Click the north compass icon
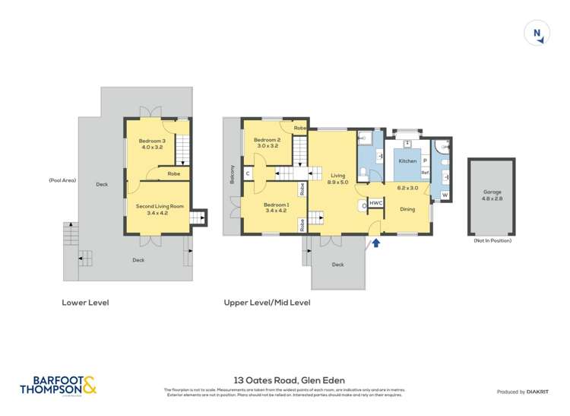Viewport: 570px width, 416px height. [537, 33]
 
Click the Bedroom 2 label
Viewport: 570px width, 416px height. [268, 143]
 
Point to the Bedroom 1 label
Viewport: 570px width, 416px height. [275, 208]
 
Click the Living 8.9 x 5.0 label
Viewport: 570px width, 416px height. [337, 179]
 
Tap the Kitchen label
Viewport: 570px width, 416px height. [408, 161]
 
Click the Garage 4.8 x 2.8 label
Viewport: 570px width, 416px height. [490, 195]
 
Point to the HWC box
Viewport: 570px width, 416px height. [375, 204]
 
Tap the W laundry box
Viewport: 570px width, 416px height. [444, 195]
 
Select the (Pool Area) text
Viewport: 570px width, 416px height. [61, 180]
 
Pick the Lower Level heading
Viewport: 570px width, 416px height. [85, 302]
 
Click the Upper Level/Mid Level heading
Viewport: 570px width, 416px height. [267, 302]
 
